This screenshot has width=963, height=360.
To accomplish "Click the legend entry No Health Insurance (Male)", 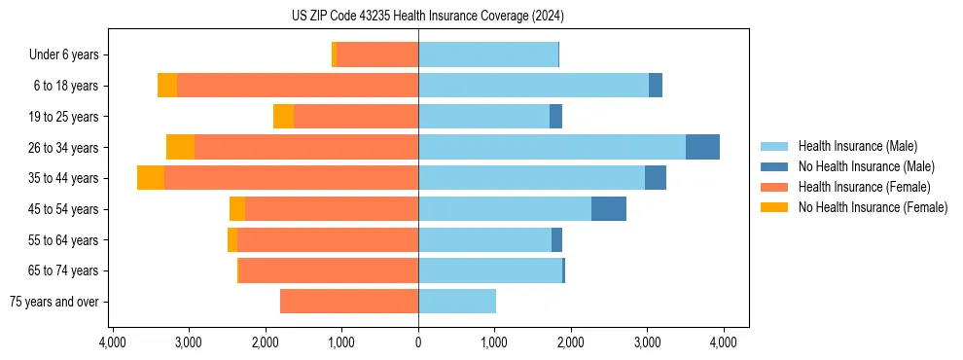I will point(866,166).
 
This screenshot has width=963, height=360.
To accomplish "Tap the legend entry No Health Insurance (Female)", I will point(873,207).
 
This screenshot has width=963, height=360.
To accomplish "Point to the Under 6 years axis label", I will point(70,55).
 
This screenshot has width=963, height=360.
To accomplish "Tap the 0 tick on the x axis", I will point(418,342).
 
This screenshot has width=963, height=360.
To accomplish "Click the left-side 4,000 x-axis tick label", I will point(113,342).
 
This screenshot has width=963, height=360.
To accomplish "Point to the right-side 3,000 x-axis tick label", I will point(647,342).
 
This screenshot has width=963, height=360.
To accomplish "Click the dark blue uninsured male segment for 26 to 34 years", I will point(702,147).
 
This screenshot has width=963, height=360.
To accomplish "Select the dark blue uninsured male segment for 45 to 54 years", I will point(609,209).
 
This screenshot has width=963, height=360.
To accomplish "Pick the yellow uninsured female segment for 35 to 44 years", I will point(151,178).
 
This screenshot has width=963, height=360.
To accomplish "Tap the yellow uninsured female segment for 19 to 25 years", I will point(283,117).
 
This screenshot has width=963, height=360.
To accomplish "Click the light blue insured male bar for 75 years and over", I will point(457,302).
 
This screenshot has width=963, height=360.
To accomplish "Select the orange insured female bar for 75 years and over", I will point(349,302).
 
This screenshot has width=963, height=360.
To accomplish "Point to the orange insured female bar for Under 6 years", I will point(377,54).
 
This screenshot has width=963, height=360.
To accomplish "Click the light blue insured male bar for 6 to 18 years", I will point(533,86).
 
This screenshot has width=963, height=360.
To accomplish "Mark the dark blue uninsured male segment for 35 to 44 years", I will point(656,178).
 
